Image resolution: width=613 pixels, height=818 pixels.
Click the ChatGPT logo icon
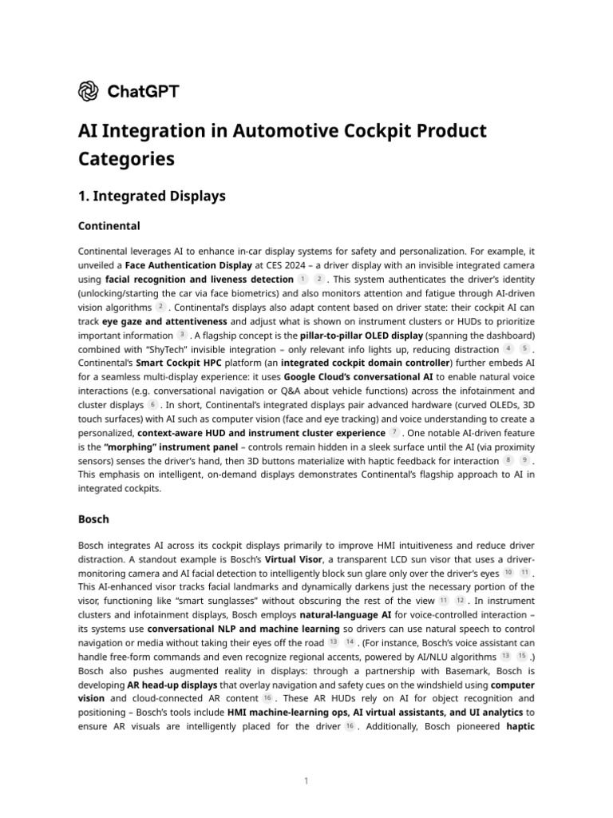88,91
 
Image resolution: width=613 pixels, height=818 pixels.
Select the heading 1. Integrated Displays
152,196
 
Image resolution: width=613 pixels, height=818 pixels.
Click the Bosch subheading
93,518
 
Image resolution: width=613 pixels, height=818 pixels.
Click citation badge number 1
303,280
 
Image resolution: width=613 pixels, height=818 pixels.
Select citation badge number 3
182,336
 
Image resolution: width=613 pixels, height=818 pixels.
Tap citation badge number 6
152,405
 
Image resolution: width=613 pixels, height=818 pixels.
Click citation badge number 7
394,433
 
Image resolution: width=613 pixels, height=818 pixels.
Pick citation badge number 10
508,573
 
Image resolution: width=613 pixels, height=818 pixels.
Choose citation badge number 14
350,642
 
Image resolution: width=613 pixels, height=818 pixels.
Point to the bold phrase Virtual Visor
294,559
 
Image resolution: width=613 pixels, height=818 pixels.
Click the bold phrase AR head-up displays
172,685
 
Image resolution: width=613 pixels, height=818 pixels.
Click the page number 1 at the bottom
306,780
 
